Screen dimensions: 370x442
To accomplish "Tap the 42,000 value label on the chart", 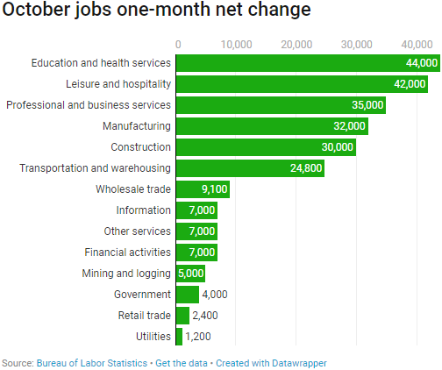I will click(x=409, y=84).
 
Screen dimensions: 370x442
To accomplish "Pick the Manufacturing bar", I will click(x=263, y=126).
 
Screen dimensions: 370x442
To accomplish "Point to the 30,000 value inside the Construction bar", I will click(x=337, y=147).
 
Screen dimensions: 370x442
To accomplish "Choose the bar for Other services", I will click(x=196, y=231).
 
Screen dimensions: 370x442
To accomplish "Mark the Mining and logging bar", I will click(x=190, y=274).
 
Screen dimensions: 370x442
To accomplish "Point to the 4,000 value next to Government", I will click(x=215, y=295).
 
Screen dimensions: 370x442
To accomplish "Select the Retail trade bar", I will click(x=182, y=316).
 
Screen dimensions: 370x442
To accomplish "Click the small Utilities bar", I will click(x=179, y=337).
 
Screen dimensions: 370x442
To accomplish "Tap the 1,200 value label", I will click(x=197, y=337).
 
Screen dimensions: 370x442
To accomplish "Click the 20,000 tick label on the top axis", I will click(x=296, y=43).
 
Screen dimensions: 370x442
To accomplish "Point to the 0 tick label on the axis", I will click(x=178, y=43).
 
